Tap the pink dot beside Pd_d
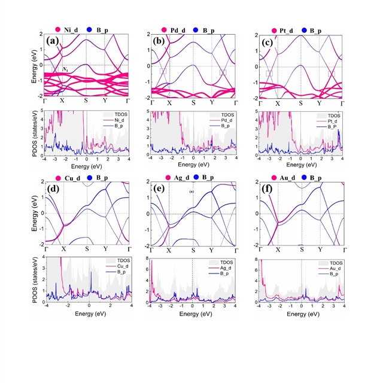tap(165, 29)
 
